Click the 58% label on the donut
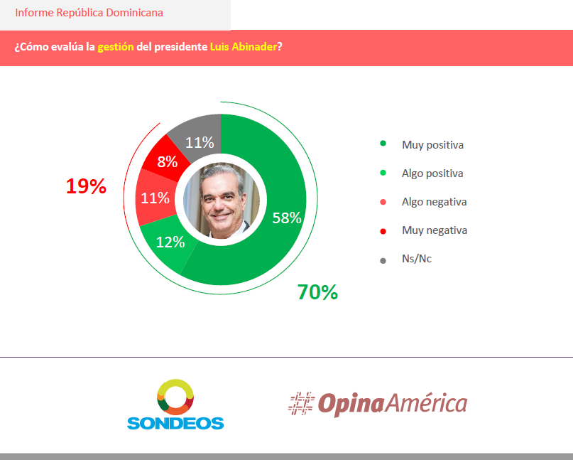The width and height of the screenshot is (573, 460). pyautogui.click(x=287, y=218)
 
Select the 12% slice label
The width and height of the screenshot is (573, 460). pyautogui.click(x=170, y=242)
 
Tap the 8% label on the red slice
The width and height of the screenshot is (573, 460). pyautogui.click(x=167, y=161)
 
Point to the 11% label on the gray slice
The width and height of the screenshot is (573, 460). pyautogui.click(x=200, y=142)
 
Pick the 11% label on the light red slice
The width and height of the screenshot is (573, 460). pyautogui.click(x=155, y=198)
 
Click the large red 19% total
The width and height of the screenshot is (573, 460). pyautogui.click(x=86, y=186)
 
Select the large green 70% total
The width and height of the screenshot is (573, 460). pyautogui.click(x=317, y=291)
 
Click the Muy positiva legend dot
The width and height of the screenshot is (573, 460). pyautogui.click(x=383, y=144)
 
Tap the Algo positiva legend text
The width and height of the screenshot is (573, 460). pyautogui.click(x=432, y=173)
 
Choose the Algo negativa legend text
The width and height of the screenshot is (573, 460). pyautogui.click(x=434, y=202)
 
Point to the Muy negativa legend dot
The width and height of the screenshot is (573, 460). pyautogui.click(x=383, y=231)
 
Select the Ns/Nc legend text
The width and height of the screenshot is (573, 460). pyautogui.click(x=417, y=259)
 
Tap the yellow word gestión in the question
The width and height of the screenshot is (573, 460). pyautogui.click(x=116, y=47)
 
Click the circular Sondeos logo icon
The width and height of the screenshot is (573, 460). pyautogui.click(x=175, y=397)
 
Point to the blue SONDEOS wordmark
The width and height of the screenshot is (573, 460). pyautogui.click(x=175, y=423)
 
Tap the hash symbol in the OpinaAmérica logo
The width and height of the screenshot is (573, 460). pyautogui.click(x=300, y=403)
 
